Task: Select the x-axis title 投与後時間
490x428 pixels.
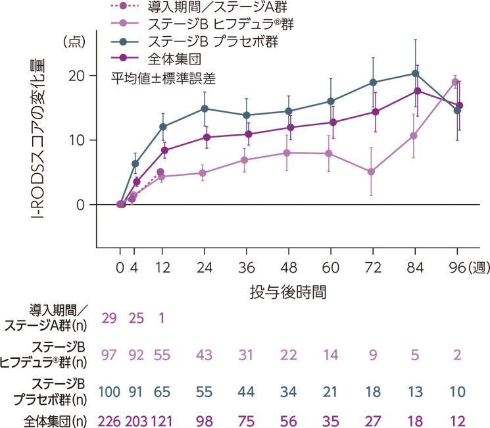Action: coord(289,290)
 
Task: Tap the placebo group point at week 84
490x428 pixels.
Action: coord(415,73)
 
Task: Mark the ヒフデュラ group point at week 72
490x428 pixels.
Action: coord(372,172)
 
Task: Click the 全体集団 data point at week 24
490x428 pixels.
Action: coord(205,137)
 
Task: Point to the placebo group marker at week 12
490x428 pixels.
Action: coord(162,126)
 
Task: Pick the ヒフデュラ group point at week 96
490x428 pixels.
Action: coord(455,82)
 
